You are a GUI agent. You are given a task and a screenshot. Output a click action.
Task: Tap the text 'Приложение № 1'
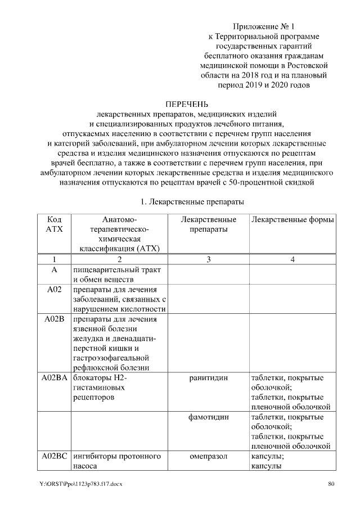pyautogui.click(x=263, y=26)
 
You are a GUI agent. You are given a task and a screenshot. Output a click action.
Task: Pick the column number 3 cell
pyautogui.click(x=208, y=260)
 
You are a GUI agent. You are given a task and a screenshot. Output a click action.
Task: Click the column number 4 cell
pyautogui.click(x=292, y=260)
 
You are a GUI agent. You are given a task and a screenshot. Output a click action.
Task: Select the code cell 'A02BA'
pyautogui.click(x=54, y=378)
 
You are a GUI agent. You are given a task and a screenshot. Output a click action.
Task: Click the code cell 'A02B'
pyautogui.click(x=54, y=319)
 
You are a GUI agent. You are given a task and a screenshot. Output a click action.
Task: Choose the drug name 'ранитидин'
pyautogui.click(x=208, y=378)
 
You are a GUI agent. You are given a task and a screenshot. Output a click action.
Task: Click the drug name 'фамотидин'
pyautogui.click(x=208, y=417)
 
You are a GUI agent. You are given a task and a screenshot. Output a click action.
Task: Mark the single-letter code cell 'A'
pyautogui.click(x=54, y=270)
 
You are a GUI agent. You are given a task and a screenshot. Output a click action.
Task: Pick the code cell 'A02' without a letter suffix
pyautogui.click(x=54, y=290)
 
